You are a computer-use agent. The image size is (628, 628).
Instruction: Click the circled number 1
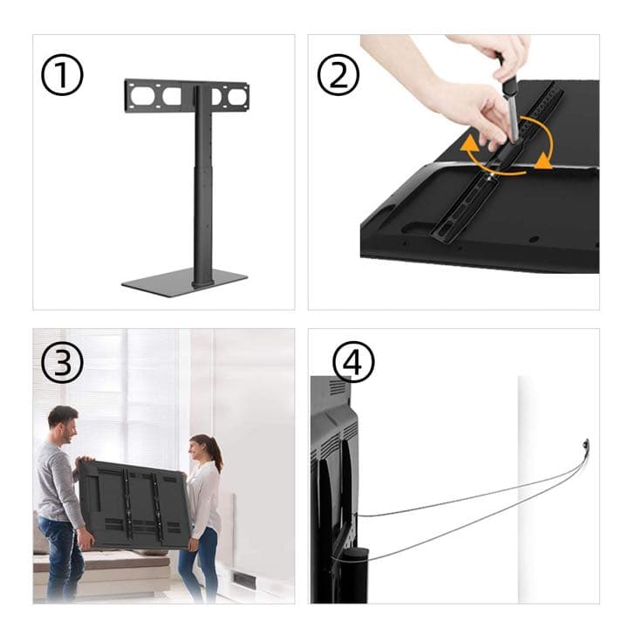click(x=62, y=75)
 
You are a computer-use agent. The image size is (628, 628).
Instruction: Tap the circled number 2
click(x=338, y=75)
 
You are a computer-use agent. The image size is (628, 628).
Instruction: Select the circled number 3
click(x=62, y=363)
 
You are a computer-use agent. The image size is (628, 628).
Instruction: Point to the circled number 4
click(x=353, y=363)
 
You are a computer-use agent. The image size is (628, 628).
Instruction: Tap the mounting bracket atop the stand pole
click(x=187, y=96)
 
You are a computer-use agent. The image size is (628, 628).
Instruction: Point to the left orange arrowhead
click(x=469, y=148)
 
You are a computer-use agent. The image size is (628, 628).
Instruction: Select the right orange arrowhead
click(x=543, y=160)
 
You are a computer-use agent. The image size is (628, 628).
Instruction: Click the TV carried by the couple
click(x=134, y=505)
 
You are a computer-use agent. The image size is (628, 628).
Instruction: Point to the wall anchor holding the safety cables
click(x=586, y=445)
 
